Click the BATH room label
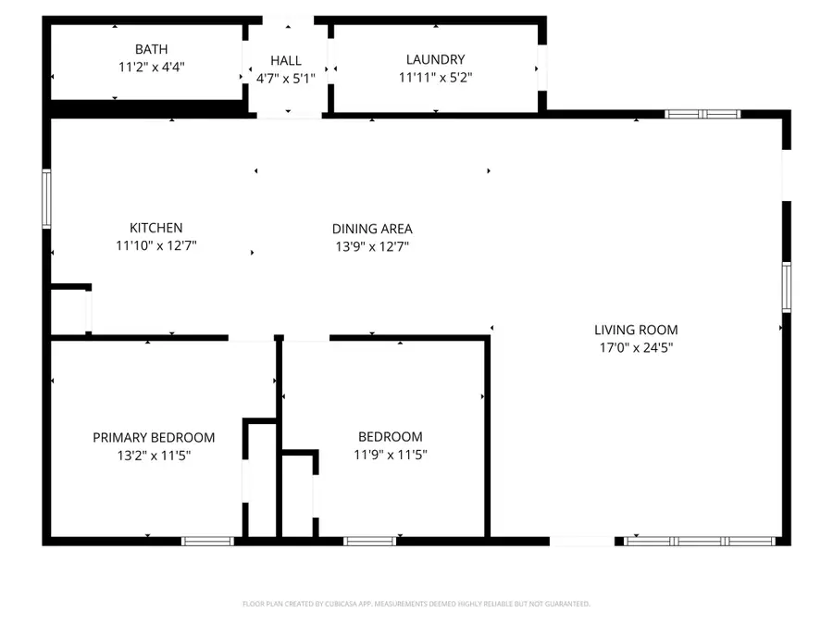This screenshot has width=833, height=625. tap(152, 49)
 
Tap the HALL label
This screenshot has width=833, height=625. tap(286, 60)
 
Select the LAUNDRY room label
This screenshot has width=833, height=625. tap(435, 60)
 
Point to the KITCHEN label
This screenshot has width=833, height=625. tap(155, 228)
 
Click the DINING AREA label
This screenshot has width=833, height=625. tap(372, 229)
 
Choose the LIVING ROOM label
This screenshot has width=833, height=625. tap(636, 330)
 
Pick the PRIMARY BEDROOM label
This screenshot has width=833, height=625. tap(154, 437)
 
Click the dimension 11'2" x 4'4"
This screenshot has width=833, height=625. tap(152, 68)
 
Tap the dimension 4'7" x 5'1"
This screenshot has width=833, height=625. tap(286, 79)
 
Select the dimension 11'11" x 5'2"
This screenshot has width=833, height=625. tap(435, 79)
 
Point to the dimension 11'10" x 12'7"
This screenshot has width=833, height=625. tap(155, 246)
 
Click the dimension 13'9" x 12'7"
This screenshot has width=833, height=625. tap(372, 247)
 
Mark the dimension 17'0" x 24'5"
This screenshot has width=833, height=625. tap(636, 348)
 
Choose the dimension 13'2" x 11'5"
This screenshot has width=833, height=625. tap(154, 456)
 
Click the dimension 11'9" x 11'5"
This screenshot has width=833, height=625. tap(390, 456)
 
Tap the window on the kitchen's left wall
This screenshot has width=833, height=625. tap(46, 198)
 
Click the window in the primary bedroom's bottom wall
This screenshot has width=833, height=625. tap(207, 541)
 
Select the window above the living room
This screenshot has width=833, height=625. tap(703, 114)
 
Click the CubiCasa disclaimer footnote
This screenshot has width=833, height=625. tap(416, 604)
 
